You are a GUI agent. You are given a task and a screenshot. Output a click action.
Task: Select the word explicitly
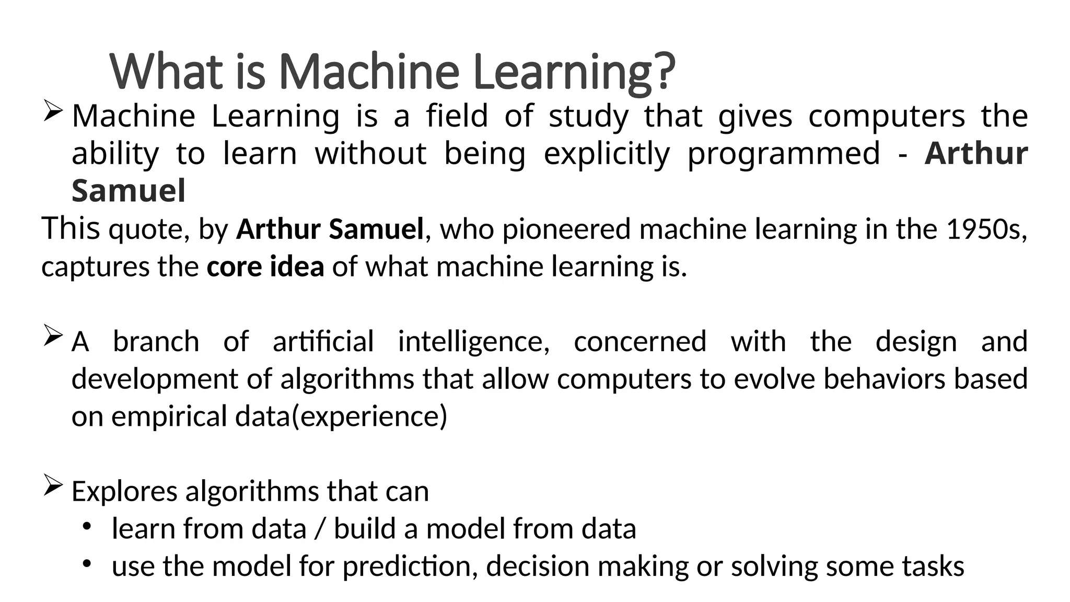607,154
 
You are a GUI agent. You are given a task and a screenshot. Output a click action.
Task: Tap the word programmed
783,154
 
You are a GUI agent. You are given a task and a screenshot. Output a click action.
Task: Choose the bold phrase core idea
265,267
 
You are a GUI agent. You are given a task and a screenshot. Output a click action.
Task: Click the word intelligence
473,342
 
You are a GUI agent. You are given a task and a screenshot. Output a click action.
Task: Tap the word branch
156,342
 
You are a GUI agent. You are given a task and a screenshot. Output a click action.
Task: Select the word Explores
124,491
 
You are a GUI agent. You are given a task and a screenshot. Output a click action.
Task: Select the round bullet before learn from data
87,525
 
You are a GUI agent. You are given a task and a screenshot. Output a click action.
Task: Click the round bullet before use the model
87,563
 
